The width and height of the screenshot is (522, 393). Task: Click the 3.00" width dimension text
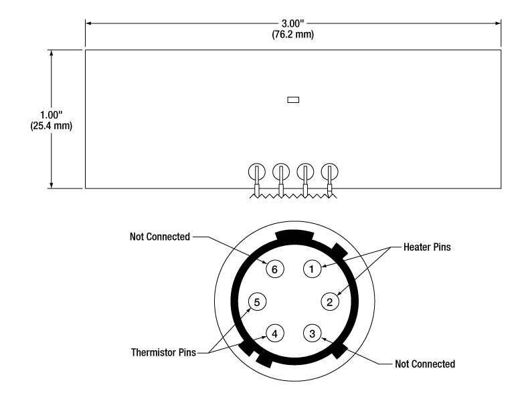point(292,24)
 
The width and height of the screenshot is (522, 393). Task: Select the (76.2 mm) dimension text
point(292,35)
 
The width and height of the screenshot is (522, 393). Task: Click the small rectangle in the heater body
point(292,100)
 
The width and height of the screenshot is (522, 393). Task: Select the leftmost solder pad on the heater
point(256,172)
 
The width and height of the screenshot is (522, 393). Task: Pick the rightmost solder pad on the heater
point(329,172)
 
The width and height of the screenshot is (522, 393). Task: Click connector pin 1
point(311,269)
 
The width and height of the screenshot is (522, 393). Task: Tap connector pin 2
point(329,301)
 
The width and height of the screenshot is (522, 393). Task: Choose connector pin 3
point(311,332)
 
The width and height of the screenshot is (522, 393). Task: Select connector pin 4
point(274,332)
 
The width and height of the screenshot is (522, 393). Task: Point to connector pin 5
point(256,301)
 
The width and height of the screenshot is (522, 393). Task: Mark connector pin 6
point(274,269)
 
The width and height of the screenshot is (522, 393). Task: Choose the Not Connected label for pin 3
point(424,364)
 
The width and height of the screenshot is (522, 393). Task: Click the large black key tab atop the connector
point(294,237)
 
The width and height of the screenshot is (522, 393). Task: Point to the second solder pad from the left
point(280,172)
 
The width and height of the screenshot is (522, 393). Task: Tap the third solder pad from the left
point(304,172)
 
